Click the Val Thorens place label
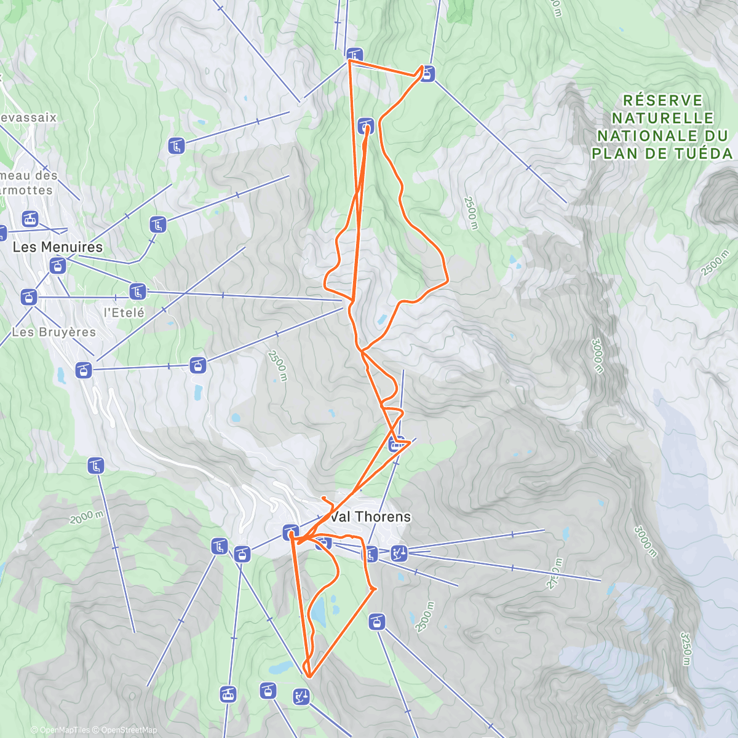tap(370, 517)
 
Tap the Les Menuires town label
tap(58, 247)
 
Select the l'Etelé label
tap(124, 312)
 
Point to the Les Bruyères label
tap(54, 332)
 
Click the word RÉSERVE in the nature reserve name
tap(662, 100)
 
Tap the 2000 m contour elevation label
tap(87, 517)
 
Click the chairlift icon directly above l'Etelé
tap(137, 290)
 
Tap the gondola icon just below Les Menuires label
tap(57, 266)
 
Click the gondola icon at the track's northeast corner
tap(427, 74)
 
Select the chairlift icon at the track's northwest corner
tap(354, 55)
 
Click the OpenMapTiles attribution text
tap(60, 730)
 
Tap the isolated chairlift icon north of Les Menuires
tap(176, 146)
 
